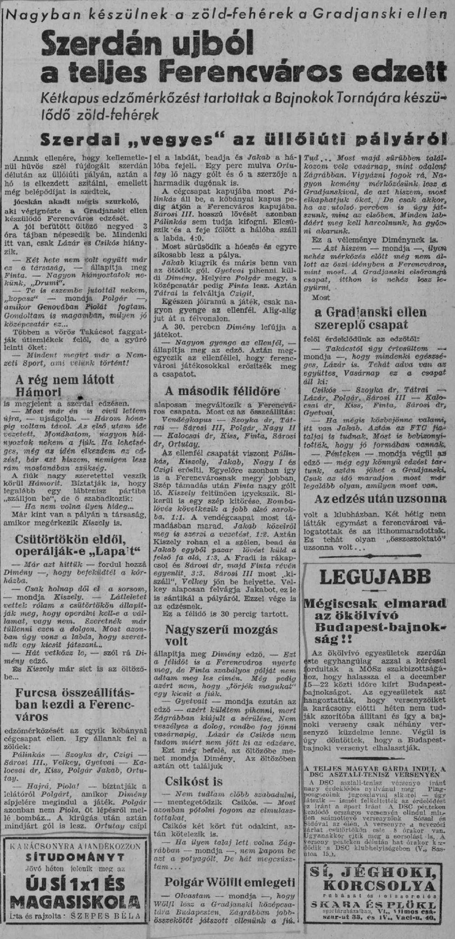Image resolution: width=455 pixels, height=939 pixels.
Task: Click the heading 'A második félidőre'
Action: [222, 391]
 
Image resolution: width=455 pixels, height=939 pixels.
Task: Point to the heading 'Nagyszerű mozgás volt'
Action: [221, 635]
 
